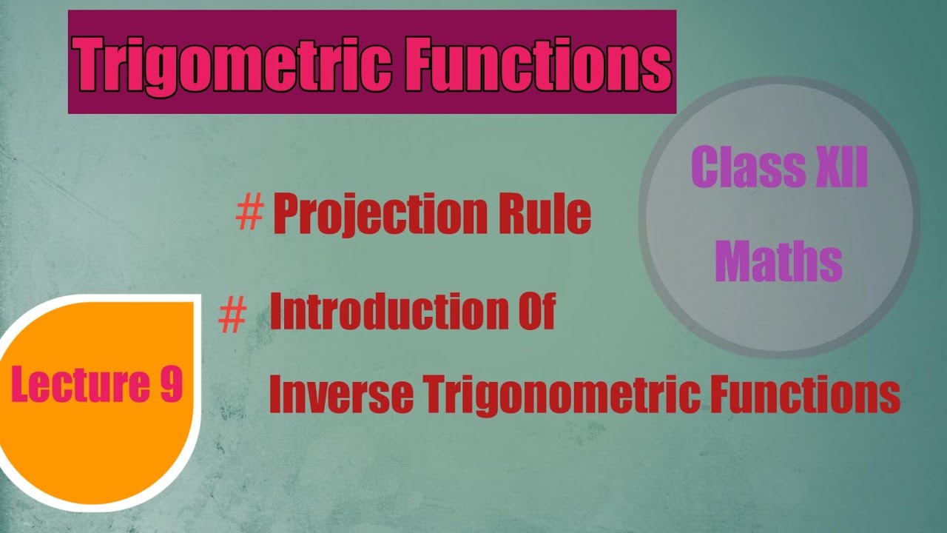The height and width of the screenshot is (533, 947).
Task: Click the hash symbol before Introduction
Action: coord(232,317)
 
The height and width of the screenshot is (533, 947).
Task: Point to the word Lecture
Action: coord(65,386)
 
